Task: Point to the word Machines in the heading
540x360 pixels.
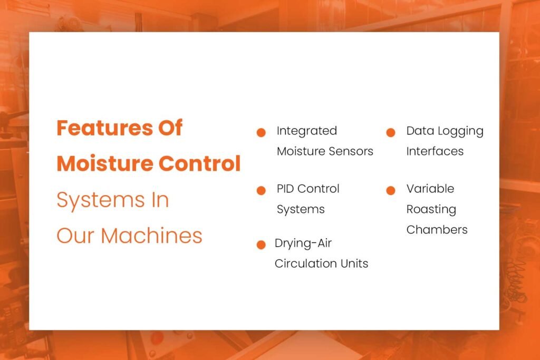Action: coord(151,236)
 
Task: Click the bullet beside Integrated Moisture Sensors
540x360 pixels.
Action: coord(261,132)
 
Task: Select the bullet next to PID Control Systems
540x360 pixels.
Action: coord(261,190)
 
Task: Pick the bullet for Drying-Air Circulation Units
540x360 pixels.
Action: coord(261,245)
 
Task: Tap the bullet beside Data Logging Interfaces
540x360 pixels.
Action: coord(390,132)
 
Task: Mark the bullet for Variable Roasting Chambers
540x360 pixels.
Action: coord(390,190)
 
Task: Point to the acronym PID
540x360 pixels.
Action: coord(286,189)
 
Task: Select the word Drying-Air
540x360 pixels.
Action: coord(303,244)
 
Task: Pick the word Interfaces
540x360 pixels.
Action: coord(435,151)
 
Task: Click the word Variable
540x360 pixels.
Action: coord(430,189)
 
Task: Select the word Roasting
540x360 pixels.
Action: coord(431,209)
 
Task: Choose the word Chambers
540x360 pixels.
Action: coord(437,230)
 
